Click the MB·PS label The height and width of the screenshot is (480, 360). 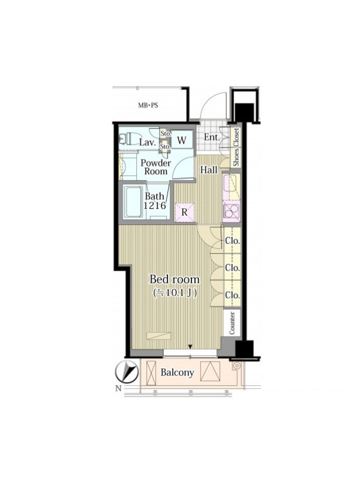click(x=148, y=106)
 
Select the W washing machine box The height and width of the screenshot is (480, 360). click(x=182, y=140)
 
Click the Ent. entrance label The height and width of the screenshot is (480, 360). click(x=212, y=137)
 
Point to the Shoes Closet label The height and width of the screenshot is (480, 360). click(x=236, y=147)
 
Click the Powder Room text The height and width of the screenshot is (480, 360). click(x=156, y=167)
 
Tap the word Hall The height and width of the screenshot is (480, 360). click(x=209, y=170)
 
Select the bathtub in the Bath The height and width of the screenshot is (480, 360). click(x=134, y=202)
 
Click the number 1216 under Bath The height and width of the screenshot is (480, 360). click(x=155, y=205)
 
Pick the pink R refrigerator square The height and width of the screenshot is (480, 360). click(x=185, y=212)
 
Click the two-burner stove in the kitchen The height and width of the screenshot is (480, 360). click(x=232, y=211)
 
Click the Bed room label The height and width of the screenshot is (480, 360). click(x=174, y=279)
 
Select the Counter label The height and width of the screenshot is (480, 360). click(x=232, y=323)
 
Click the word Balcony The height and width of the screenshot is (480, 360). click(x=178, y=373)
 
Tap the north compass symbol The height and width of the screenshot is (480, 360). click(x=127, y=371)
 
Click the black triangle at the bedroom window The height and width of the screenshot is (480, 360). click(x=190, y=347)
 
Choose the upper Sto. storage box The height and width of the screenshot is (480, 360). click(x=166, y=134)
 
